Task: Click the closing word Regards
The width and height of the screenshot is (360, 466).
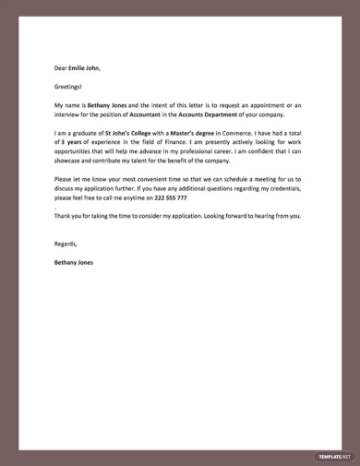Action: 66,244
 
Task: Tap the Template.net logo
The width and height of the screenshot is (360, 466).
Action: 326,455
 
